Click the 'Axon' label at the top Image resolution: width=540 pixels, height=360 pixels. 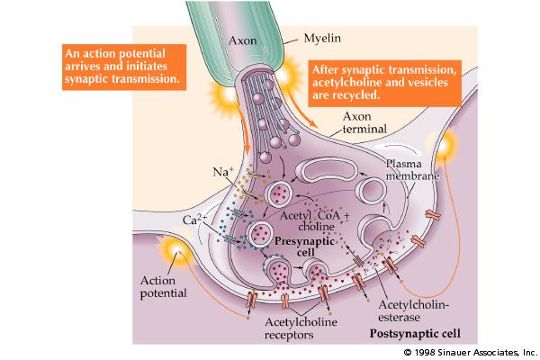pyautogui.click(x=244, y=41)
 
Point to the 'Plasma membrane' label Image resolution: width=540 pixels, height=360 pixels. pyautogui.click(x=411, y=170)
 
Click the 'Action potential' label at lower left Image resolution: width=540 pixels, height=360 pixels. pyautogui.click(x=164, y=287)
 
